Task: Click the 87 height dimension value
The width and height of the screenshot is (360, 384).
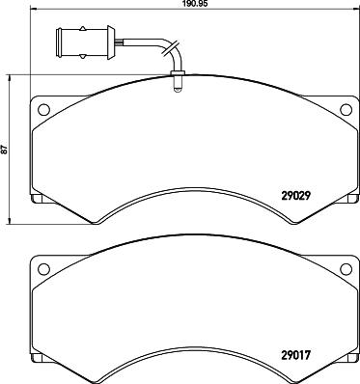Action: pyautogui.click(x=4, y=150)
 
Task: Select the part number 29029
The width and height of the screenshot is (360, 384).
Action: pyautogui.click(x=295, y=196)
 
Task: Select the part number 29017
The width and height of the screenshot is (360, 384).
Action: pyautogui.click(x=295, y=355)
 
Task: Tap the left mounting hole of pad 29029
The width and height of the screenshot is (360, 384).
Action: pyautogui.click(x=43, y=110)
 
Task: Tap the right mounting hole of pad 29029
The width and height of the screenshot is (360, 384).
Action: pyautogui.click(x=346, y=110)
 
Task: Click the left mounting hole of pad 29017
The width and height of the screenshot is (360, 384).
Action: pyautogui.click(x=43, y=269)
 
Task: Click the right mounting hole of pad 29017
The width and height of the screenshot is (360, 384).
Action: pyautogui.click(x=346, y=269)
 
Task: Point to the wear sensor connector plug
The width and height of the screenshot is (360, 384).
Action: pyautogui.click(x=86, y=42)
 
